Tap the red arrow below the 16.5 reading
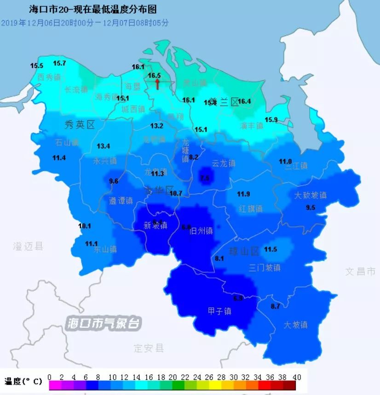[157, 84]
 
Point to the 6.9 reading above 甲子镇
[238, 298]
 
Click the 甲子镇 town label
[219, 311]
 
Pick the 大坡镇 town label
[295, 325]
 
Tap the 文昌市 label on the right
[361, 271]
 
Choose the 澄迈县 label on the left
[28, 247]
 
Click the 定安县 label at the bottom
[149, 348]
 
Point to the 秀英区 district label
[79, 124]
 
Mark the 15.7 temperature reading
[59, 63]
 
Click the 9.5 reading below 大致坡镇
[311, 208]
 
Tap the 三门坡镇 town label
[265, 267]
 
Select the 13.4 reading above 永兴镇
[104, 146]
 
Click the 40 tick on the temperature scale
[297, 377]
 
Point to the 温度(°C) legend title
[23, 381]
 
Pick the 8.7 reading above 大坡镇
[275, 306]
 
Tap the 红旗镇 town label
[251, 209]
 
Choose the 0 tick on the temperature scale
[49, 377]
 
